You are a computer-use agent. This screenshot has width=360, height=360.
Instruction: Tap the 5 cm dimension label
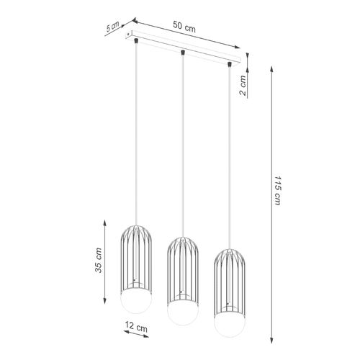click(x=112, y=27)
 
